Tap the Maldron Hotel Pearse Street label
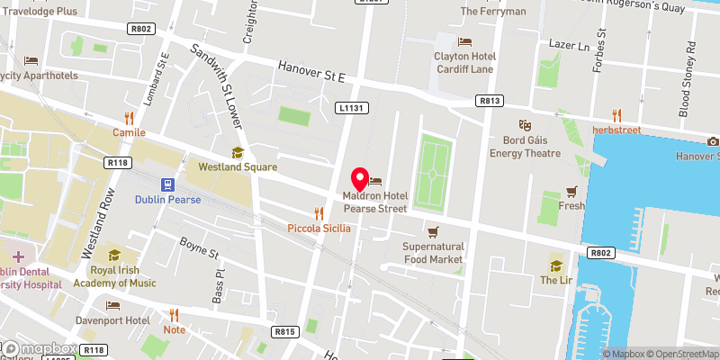[375, 202]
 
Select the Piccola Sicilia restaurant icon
[318, 213]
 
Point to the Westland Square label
[238, 166]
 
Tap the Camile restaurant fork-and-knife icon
[129, 117]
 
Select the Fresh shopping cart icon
[571, 192]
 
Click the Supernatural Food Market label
[433, 252]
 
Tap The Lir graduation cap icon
[555, 265]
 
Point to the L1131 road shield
[352, 108]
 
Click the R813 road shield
[490, 101]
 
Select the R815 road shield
[285, 332]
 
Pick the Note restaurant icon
[175, 314]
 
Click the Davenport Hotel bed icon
[112, 306]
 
